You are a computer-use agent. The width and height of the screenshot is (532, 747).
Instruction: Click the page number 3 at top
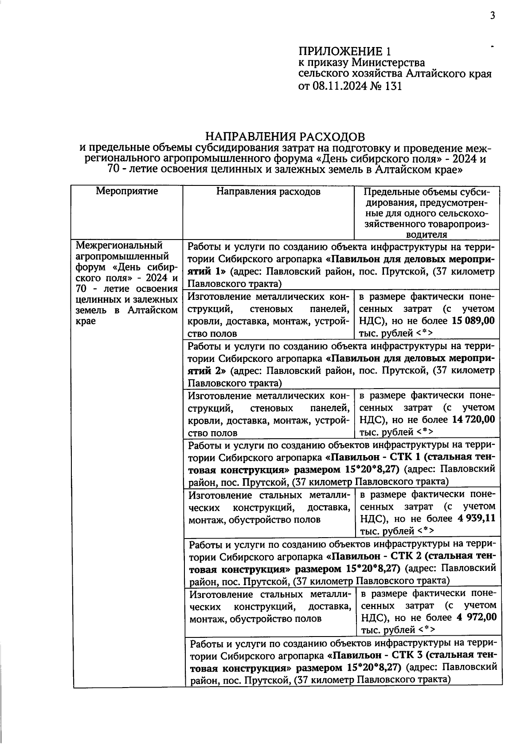tap(492, 16)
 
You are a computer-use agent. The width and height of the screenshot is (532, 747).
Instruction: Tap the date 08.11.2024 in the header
tap(340, 86)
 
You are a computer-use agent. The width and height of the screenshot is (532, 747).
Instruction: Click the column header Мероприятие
tap(127, 192)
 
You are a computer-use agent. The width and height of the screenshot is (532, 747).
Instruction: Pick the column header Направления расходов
tap(268, 192)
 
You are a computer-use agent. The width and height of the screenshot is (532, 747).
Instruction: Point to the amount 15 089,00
tap(473, 321)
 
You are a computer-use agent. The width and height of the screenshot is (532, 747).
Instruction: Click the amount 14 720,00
tap(473, 420)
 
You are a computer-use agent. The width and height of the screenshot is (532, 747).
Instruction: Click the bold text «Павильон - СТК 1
tap(372, 457)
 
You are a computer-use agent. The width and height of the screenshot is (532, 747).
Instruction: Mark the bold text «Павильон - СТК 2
tap(373, 556)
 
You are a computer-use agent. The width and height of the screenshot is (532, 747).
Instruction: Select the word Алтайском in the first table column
tap(152, 311)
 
